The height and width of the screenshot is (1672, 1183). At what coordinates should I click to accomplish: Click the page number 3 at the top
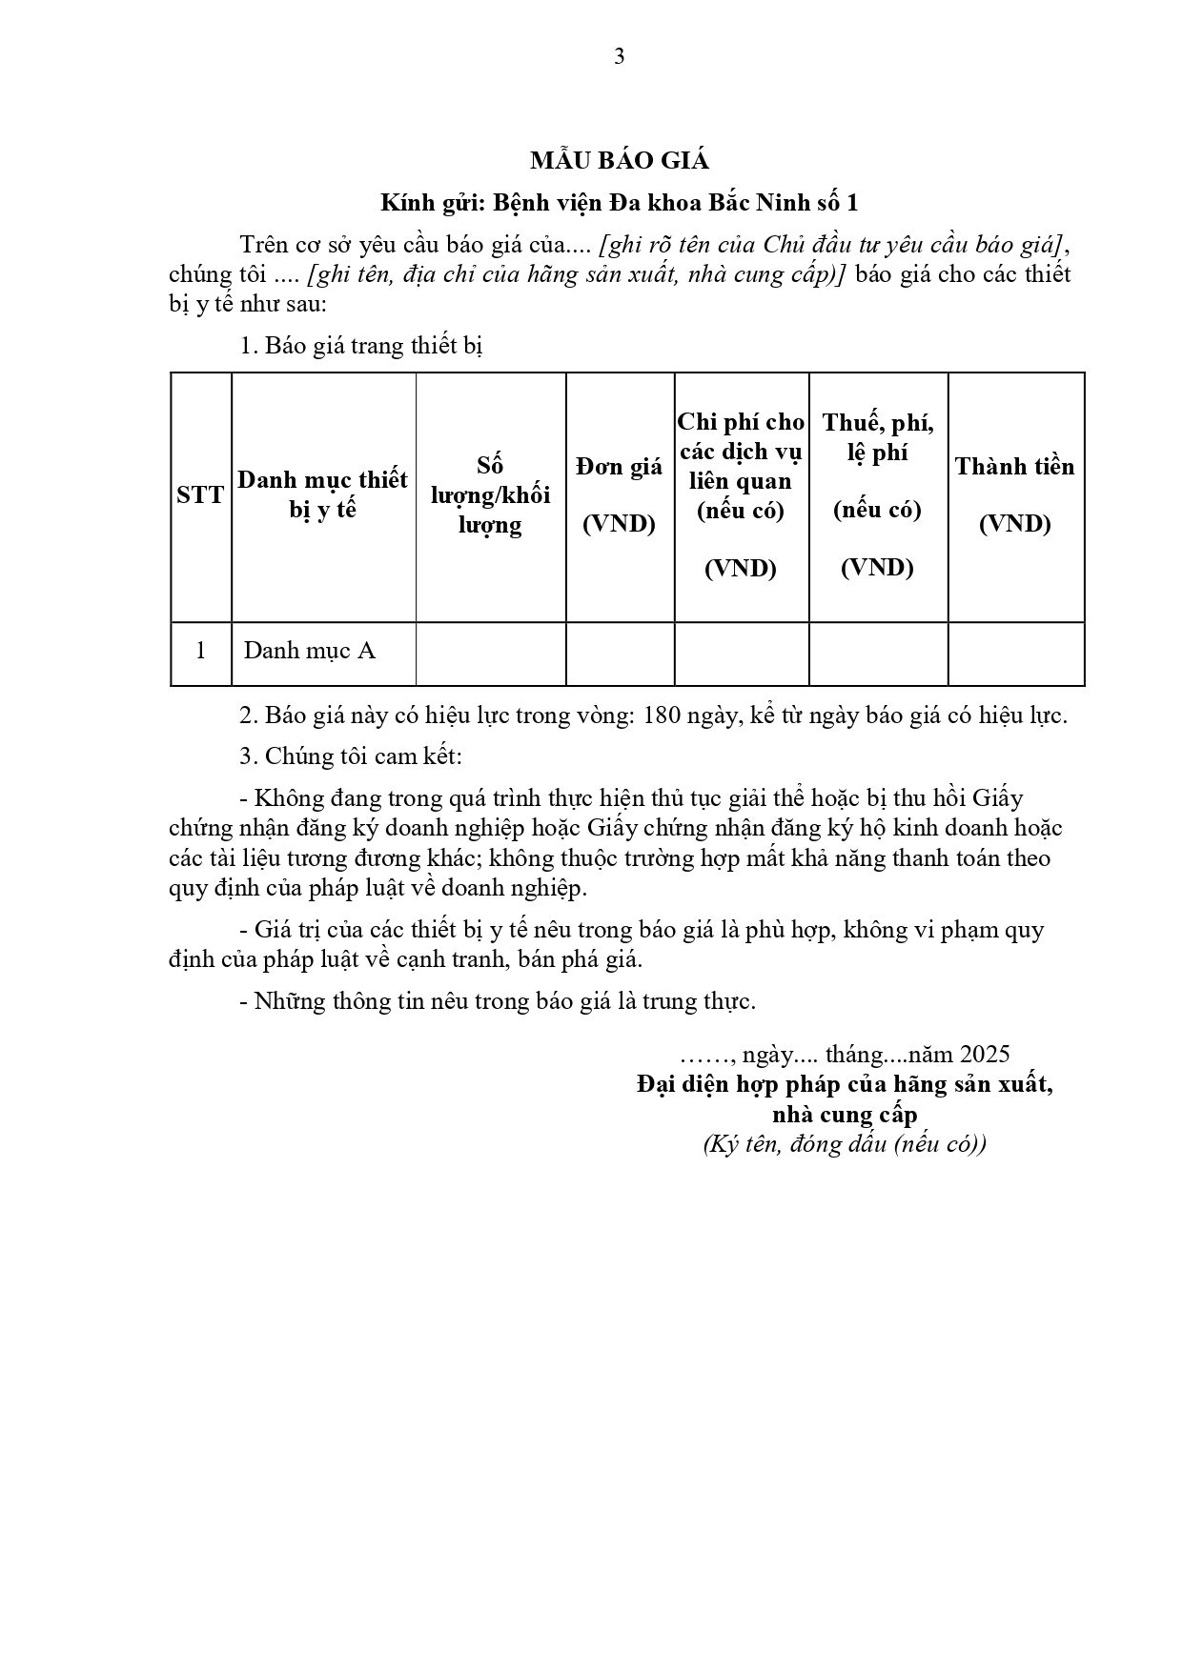[620, 57]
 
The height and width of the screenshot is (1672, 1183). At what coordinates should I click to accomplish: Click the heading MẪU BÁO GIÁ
[620, 161]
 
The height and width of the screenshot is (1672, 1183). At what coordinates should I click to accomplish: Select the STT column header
[200, 495]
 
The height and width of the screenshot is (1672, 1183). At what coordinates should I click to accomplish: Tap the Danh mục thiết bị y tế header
[322, 494]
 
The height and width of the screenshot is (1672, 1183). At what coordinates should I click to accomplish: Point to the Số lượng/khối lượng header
[490, 494]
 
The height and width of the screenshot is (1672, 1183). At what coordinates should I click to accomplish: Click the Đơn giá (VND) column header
[620, 494]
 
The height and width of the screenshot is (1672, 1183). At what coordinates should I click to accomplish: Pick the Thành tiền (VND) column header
[1015, 494]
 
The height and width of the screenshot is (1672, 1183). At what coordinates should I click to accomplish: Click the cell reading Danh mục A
[310, 651]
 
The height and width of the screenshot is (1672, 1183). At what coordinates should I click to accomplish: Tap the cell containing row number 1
[200, 651]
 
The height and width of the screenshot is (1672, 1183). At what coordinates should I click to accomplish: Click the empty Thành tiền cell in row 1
[1015, 654]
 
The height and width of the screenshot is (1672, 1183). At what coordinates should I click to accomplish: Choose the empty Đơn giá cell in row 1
[620, 654]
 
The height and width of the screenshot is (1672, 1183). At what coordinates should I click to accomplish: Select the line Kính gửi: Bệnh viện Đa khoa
[620, 203]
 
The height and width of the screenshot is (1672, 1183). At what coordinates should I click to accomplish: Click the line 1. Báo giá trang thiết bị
[361, 346]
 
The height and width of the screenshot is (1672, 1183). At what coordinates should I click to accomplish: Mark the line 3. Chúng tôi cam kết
[351, 756]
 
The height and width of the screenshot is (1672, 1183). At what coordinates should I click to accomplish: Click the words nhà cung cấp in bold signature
[845, 1114]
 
